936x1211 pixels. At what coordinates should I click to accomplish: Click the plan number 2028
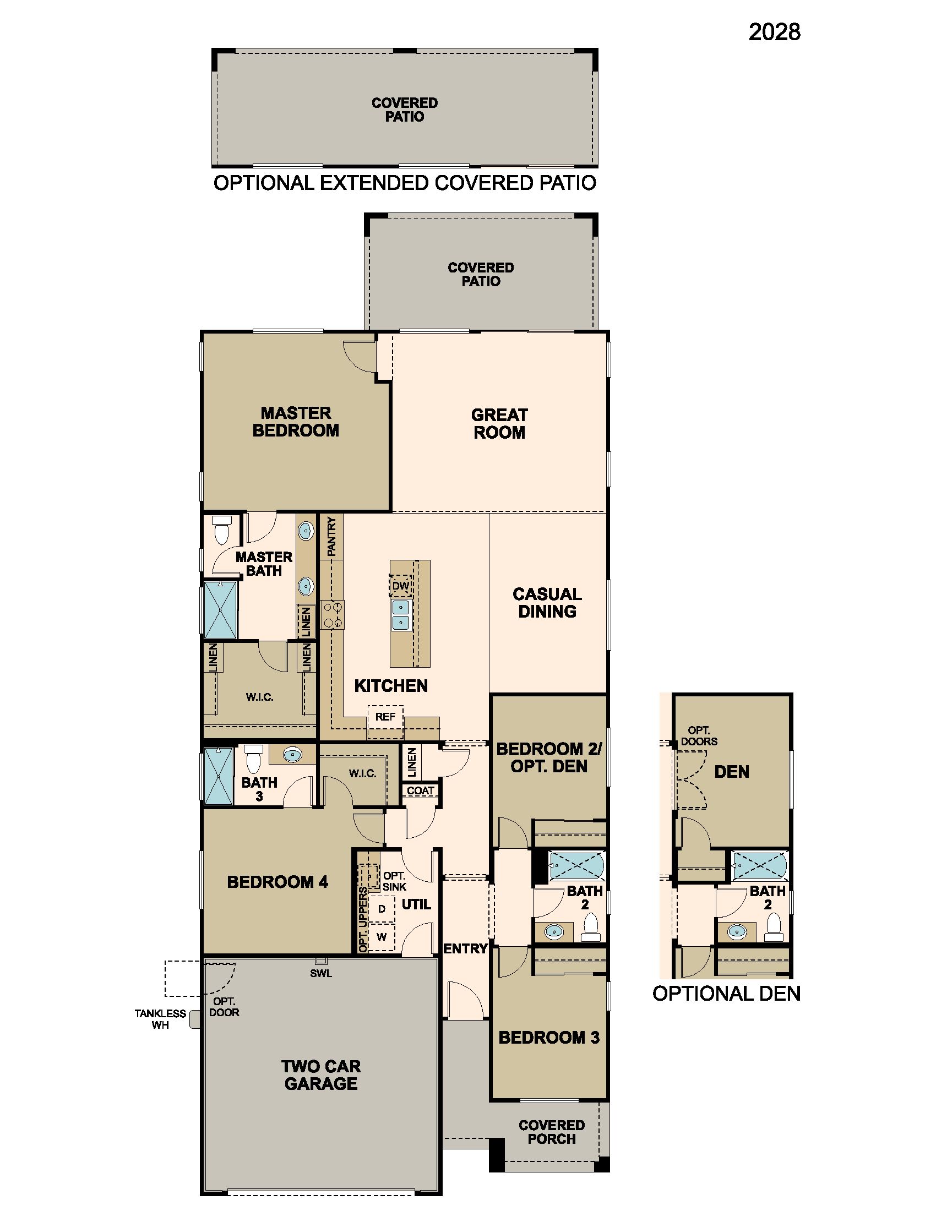coord(774,32)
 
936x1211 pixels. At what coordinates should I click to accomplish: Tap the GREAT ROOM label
coord(499,424)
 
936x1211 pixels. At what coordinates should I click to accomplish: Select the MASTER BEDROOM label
coord(296,422)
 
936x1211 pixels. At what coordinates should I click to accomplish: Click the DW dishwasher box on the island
coord(400,586)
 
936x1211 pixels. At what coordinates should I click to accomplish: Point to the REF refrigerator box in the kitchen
coord(385,716)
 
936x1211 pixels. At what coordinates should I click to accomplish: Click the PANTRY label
coord(331,536)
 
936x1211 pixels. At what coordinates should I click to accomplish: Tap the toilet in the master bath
coord(222,530)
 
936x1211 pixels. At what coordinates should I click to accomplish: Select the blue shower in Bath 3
coord(219,776)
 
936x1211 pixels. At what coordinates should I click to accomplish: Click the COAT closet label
coord(420,790)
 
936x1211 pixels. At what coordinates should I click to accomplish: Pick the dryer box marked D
coord(382,909)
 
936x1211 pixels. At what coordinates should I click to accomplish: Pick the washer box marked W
coord(382,936)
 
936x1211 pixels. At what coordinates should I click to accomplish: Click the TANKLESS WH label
coord(160,1019)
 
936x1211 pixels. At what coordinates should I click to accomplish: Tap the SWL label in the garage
coord(320,973)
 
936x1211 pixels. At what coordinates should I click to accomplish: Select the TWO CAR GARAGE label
coord(320,1074)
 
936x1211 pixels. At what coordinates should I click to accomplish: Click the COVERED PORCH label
coord(551,1132)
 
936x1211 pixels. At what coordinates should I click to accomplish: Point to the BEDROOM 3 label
coord(549,1038)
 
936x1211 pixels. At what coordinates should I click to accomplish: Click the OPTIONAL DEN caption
coord(726,993)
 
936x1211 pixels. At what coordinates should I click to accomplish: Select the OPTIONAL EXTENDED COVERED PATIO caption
coord(405,183)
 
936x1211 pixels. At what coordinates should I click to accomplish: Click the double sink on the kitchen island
coord(400,615)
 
